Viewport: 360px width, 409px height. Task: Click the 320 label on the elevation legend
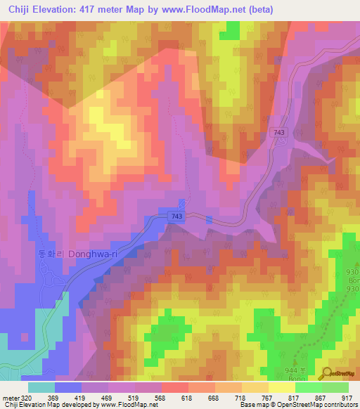pos(25,397)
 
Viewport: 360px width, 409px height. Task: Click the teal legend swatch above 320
pos(41,387)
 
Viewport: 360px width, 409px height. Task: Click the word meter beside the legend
pos(8,397)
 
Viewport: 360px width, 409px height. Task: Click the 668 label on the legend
pos(201,397)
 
